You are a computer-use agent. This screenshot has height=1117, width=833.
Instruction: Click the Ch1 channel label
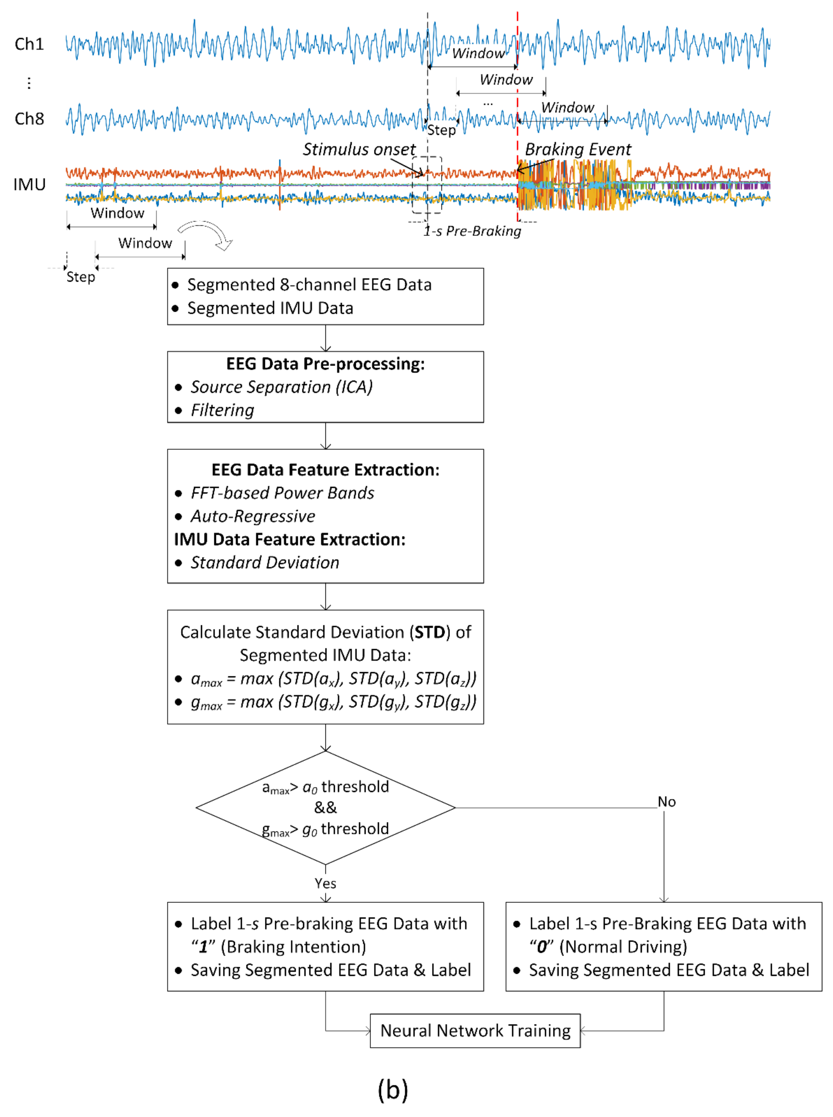pyautogui.click(x=29, y=44)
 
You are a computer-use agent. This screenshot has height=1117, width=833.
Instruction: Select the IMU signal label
pyautogui.click(x=29, y=185)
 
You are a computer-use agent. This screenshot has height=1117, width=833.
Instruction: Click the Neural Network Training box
pyautogui.click(x=475, y=1031)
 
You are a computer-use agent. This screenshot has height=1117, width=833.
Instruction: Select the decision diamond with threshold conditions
pyautogui.click(x=326, y=808)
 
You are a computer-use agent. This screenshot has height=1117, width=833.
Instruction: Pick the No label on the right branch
pyautogui.click(x=667, y=802)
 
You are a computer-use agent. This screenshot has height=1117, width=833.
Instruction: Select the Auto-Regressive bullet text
pyautogui.click(x=253, y=516)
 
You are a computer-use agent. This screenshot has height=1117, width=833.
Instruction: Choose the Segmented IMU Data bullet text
pyautogui.click(x=270, y=308)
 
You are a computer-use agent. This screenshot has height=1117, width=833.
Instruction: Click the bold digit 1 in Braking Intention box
pyautogui.click(x=203, y=947)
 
